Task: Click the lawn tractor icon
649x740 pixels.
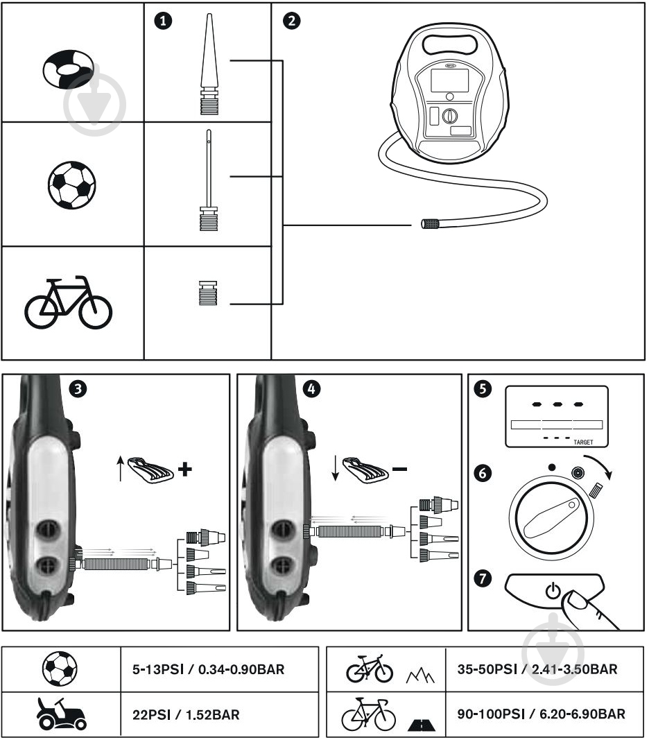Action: point(61,714)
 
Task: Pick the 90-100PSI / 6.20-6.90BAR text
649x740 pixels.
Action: point(541,714)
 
